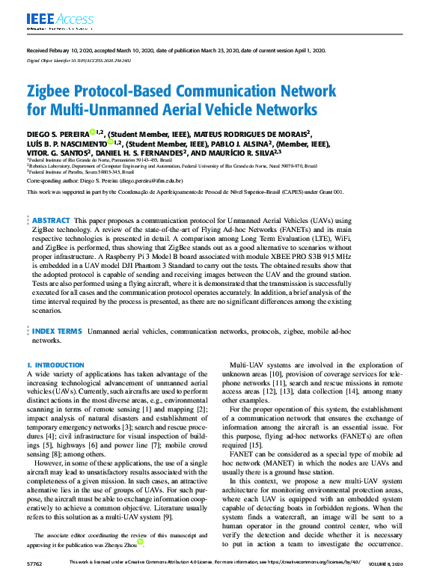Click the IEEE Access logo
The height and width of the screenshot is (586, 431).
pyautogui.click(x=51, y=19)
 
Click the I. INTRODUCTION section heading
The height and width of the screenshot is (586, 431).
pyautogui.click(x=55, y=365)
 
